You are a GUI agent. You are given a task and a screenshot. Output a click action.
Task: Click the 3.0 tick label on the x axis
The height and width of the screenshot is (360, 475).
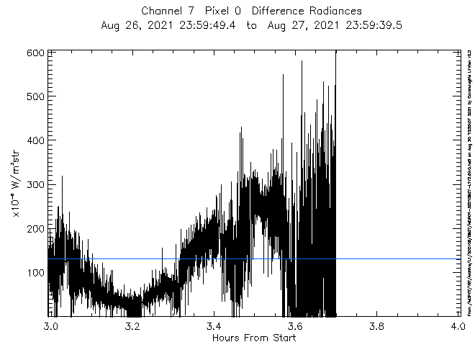point(49,325)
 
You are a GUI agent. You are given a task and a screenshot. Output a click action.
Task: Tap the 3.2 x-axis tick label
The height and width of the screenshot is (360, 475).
point(132,325)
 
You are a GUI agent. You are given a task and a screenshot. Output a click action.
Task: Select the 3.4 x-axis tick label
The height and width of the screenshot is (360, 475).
point(214,325)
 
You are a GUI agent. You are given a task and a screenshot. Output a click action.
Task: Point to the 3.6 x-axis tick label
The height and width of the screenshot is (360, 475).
point(296,325)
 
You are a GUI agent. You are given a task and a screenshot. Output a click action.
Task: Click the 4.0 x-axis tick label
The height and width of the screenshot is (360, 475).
point(460,325)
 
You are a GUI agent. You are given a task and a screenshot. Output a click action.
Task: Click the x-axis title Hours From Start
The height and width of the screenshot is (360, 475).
point(253,338)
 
